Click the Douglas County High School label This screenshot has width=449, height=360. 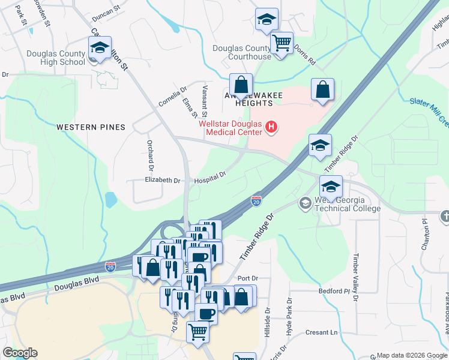[x=56, y=58]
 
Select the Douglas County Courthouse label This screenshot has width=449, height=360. [x=249, y=52]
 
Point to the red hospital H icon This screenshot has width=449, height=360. [x=271, y=127]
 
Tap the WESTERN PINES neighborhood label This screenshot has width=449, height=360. [x=91, y=127]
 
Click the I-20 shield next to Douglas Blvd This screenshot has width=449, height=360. [x=110, y=265]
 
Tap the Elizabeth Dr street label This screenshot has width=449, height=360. [x=163, y=180]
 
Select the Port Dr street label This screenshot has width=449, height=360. [x=247, y=278]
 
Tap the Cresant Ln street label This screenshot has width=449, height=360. [x=321, y=332]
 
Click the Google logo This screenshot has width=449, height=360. [x=20, y=353]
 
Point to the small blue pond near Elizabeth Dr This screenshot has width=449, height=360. [x=110, y=199]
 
